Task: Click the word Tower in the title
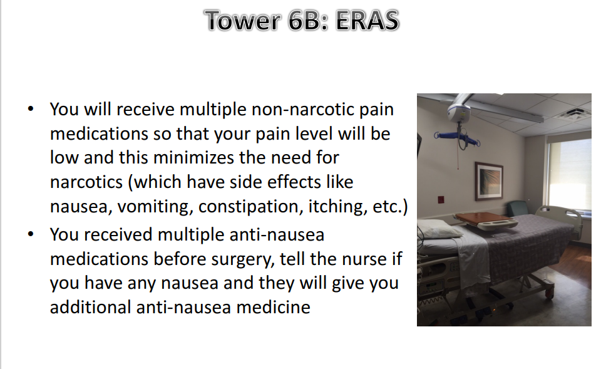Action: click(243, 20)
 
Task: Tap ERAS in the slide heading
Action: click(367, 20)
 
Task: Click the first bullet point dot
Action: click(31, 108)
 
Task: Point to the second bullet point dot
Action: click(31, 234)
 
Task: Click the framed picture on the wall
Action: click(489, 182)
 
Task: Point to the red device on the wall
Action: click(441, 200)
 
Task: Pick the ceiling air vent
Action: click(573, 114)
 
